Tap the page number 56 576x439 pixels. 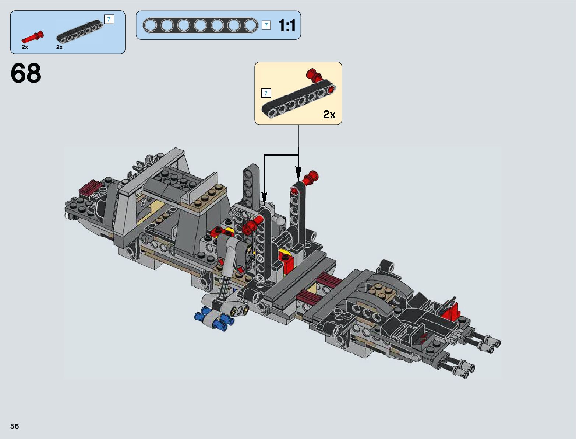click(x=14, y=426)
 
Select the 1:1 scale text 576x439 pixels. click(x=287, y=25)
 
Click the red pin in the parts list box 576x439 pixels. click(x=32, y=37)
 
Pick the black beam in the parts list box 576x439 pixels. click(x=79, y=31)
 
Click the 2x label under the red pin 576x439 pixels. click(x=25, y=47)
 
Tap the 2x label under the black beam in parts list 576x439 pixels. click(x=59, y=47)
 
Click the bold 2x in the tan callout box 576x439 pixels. click(x=329, y=114)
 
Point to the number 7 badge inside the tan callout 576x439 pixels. click(x=266, y=93)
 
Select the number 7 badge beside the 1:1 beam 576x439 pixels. click(x=266, y=25)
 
